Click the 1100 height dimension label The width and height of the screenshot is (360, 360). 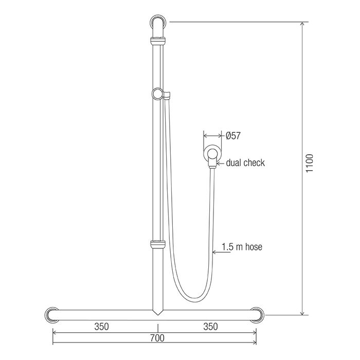(310, 163)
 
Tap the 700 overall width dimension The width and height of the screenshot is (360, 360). (157, 338)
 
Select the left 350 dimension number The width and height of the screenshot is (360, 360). (101, 327)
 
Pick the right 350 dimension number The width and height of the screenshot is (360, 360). (210, 327)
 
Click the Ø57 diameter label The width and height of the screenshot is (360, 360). (233, 136)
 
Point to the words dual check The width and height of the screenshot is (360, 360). (245, 163)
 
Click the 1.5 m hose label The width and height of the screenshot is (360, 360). (242, 247)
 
